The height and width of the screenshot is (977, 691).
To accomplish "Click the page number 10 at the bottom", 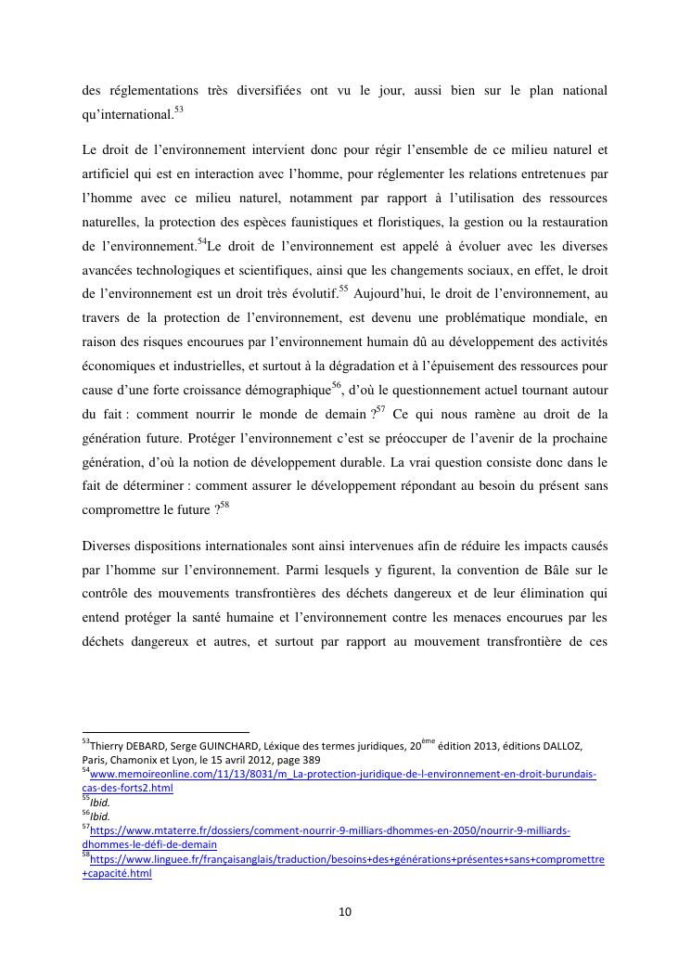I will (x=345, y=912).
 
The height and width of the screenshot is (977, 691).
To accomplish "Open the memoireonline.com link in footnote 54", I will (x=343, y=773).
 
